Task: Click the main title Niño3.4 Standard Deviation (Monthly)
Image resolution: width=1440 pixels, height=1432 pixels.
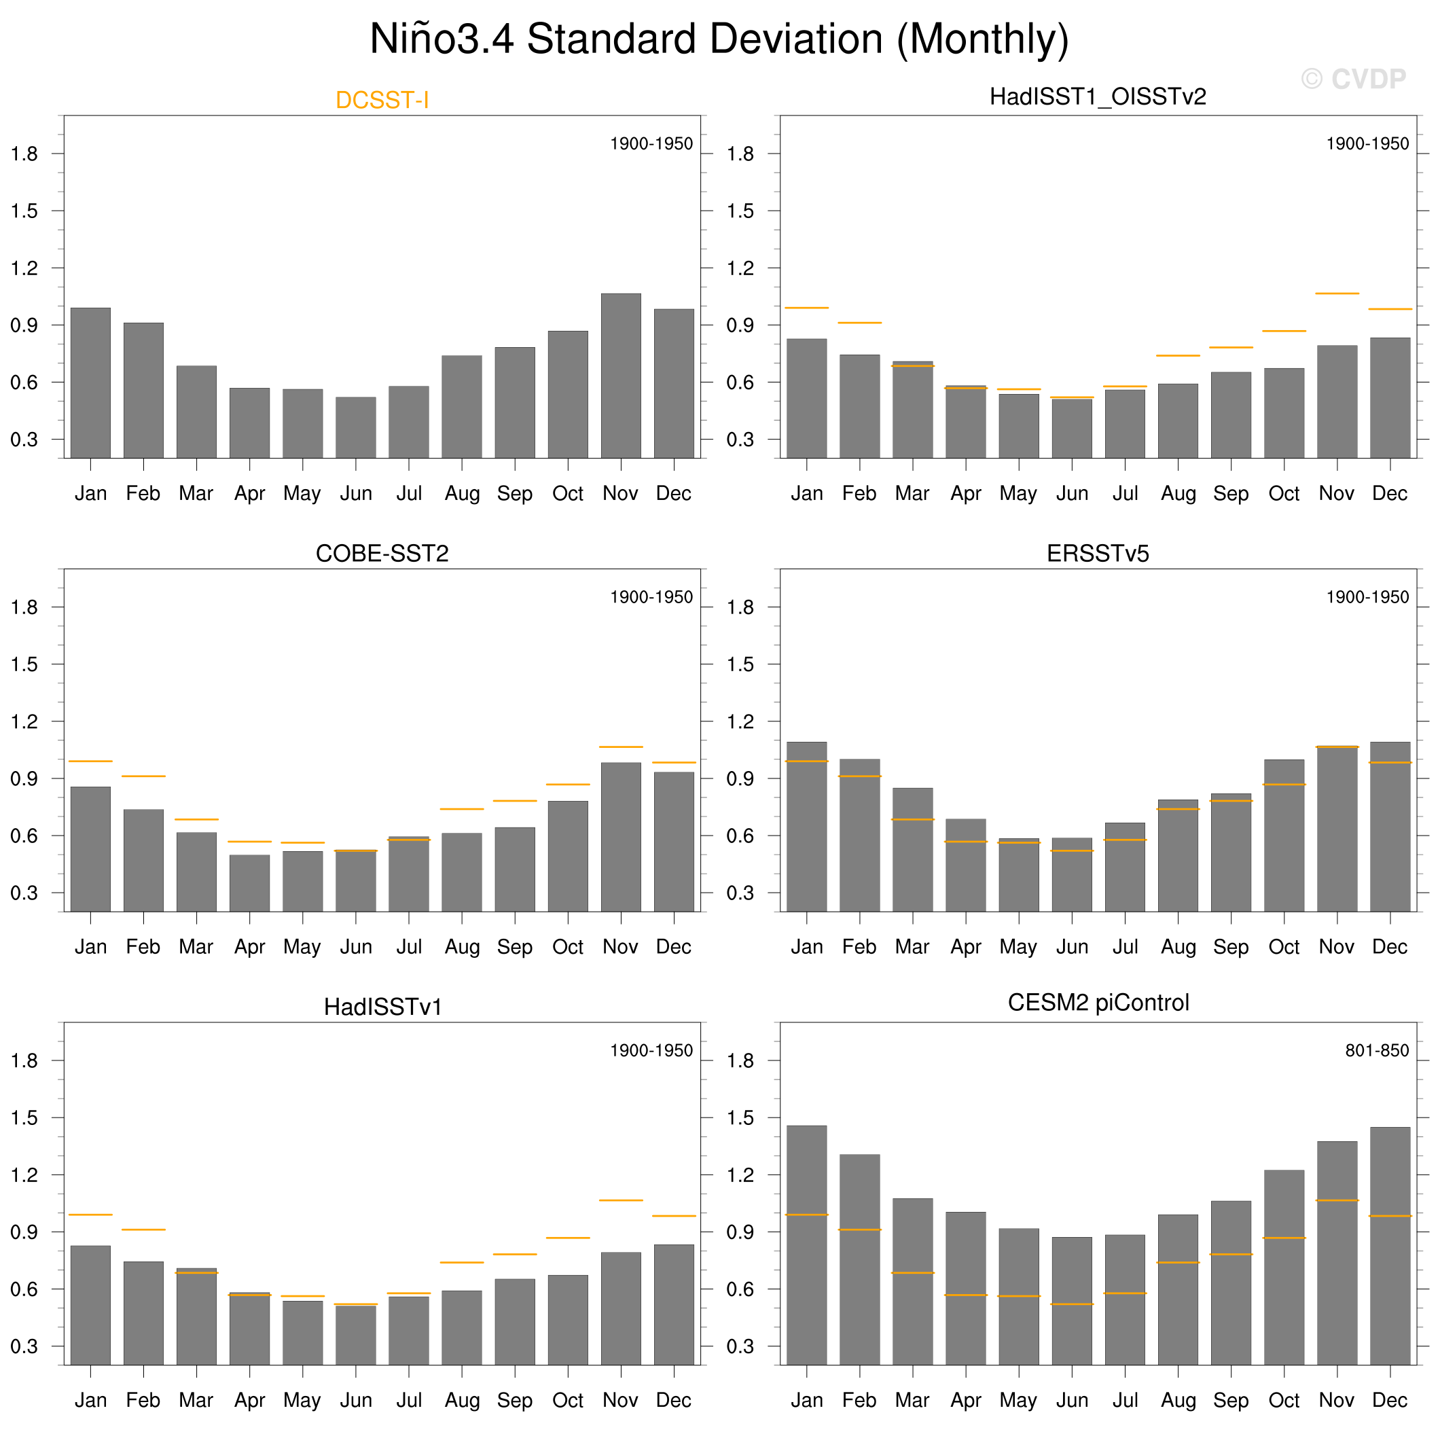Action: (719, 39)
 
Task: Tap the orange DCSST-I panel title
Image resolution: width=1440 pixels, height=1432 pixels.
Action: (382, 100)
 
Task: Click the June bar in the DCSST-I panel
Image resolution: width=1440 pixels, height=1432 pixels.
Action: (355, 427)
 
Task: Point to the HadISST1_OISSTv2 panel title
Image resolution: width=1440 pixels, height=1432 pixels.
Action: (1097, 97)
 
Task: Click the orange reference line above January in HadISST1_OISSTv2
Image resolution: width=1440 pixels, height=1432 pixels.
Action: (806, 308)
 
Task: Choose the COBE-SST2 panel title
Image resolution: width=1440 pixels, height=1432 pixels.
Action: (382, 553)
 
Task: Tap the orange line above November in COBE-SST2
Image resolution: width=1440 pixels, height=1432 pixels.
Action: (620, 747)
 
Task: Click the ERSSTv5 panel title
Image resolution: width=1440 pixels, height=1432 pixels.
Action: (1097, 553)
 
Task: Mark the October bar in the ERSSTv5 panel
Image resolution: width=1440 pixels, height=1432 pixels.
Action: (1284, 835)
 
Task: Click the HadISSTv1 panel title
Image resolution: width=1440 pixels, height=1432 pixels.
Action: (382, 1007)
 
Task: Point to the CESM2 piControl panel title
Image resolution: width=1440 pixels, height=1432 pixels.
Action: (1098, 1003)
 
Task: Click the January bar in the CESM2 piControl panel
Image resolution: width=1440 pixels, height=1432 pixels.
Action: (806, 1245)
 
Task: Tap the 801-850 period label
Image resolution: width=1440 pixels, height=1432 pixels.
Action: (1377, 1050)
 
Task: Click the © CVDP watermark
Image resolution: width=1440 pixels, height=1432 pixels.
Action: (1353, 79)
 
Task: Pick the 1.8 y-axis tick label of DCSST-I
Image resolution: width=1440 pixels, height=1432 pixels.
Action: (24, 154)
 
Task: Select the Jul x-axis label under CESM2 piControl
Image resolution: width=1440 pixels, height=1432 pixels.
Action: (1125, 1400)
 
